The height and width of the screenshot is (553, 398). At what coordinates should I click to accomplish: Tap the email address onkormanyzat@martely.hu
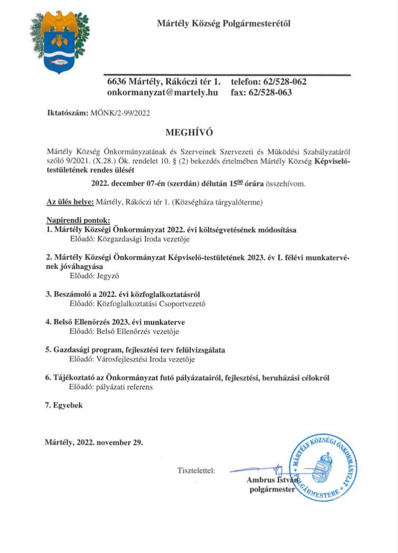click(x=163, y=92)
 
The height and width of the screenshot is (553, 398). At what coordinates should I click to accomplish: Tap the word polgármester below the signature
click(x=272, y=490)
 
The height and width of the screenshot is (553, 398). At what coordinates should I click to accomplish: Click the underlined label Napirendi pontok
click(x=74, y=220)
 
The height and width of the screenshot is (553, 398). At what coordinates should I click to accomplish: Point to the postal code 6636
click(x=116, y=82)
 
